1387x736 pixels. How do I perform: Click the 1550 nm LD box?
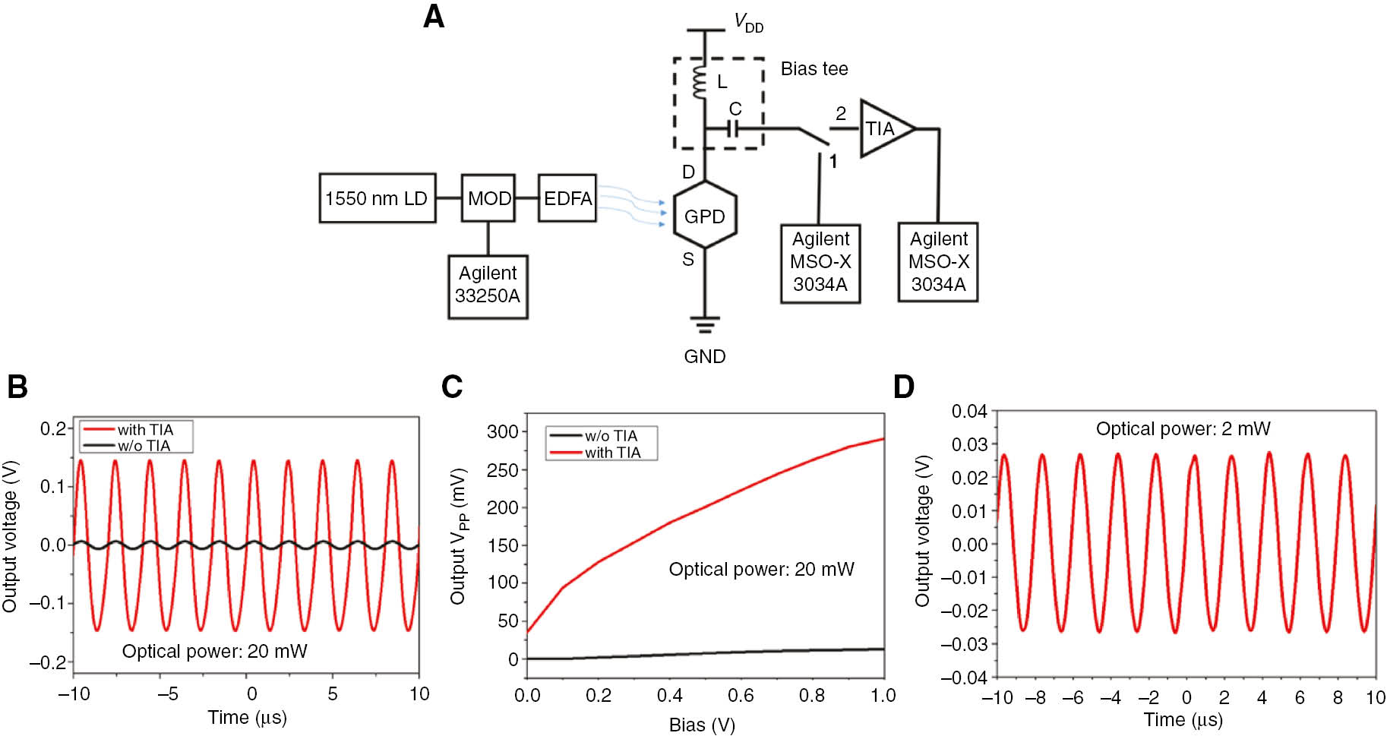(x=377, y=198)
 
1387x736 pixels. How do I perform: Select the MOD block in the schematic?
(x=488, y=198)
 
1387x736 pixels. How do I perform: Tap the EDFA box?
(x=567, y=198)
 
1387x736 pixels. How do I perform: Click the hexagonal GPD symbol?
(x=705, y=216)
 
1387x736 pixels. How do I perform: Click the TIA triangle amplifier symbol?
(x=883, y=128)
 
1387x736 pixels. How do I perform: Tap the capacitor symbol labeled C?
(x=733, y=129)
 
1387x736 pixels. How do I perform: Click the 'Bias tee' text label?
(x=814, y=69)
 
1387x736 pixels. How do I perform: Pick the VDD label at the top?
(x=748, y=23)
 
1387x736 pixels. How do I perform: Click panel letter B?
(x=17, y=387)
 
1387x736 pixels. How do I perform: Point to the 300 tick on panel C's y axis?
(x=502, y=431)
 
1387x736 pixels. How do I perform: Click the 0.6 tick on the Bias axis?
(x=741, y=695)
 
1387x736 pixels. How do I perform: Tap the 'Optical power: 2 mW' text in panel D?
(x=1183, y=429)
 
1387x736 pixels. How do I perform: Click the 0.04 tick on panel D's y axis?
(x=969, y=411)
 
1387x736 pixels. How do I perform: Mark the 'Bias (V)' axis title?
(x=702, y=725)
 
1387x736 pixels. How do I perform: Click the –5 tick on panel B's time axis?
(x=168, y=693)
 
